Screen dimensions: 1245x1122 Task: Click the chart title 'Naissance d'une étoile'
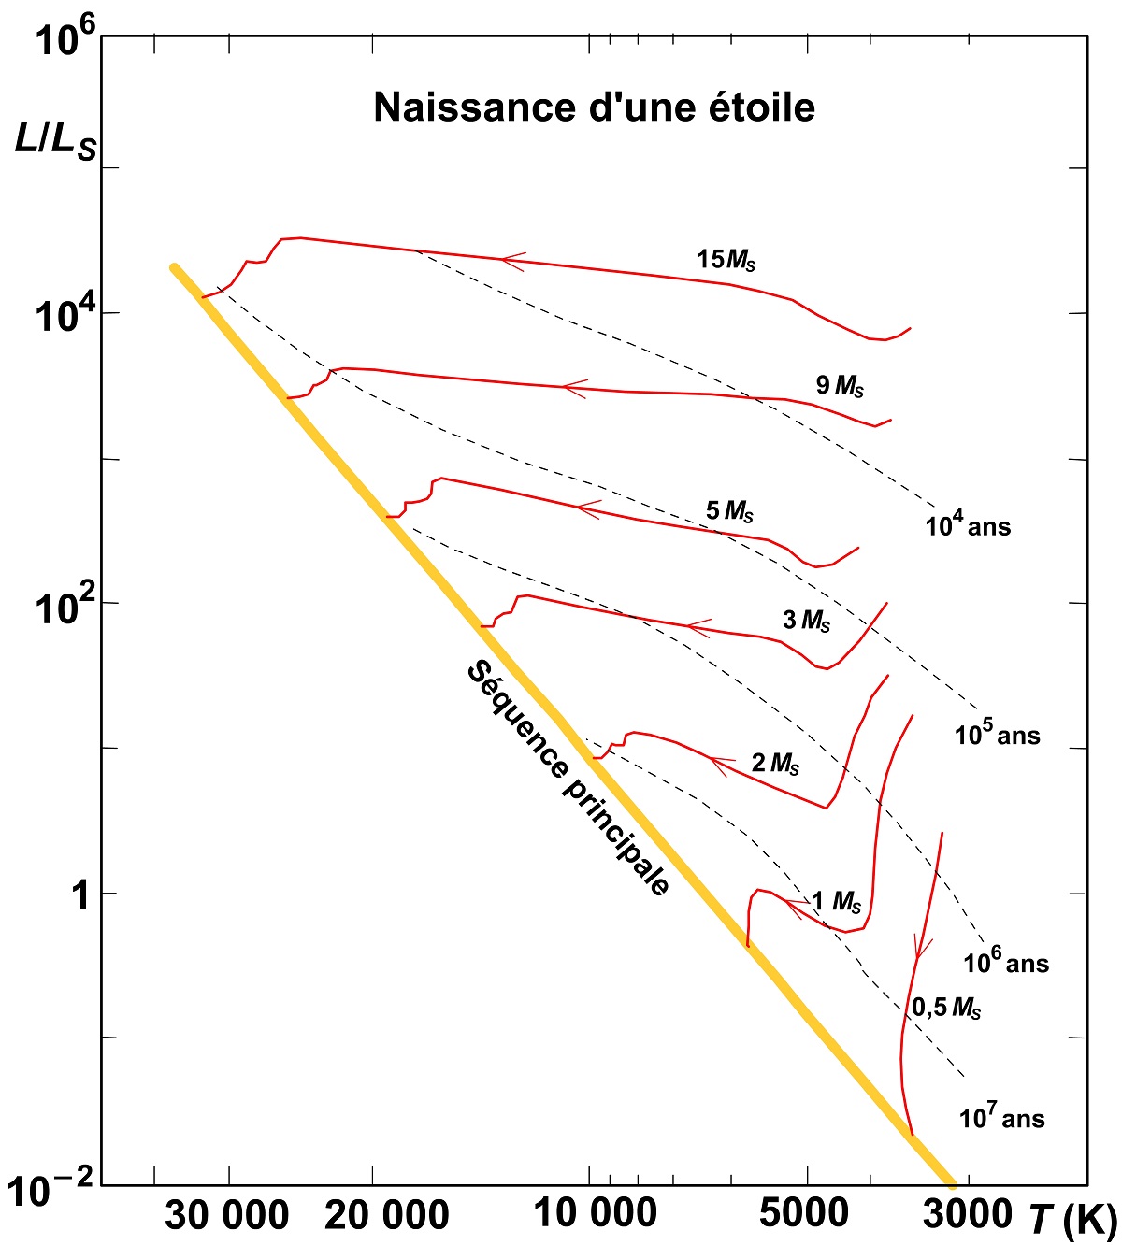pyautogui.click(x=594, y=107)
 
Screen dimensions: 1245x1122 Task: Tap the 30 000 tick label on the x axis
pyautogui.click(x=227, y=1216)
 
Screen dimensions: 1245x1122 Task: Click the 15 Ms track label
pyautogui.click(x=726, y=260)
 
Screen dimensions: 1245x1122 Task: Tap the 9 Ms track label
pyautogui.click(x=839, y=384)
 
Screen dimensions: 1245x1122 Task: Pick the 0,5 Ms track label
pyautogui.click(x=946, y=1007)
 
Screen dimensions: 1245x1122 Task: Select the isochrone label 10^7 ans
pyautogui.click(x=1001, y=1116)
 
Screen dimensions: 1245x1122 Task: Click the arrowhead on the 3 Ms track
pyautogui.click(x=698, y=626)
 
